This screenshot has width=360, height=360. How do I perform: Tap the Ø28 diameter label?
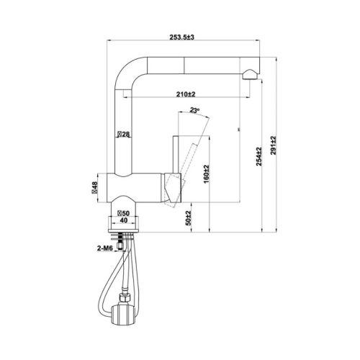coord(122,135)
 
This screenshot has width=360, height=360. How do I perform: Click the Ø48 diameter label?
coord(94,189)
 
